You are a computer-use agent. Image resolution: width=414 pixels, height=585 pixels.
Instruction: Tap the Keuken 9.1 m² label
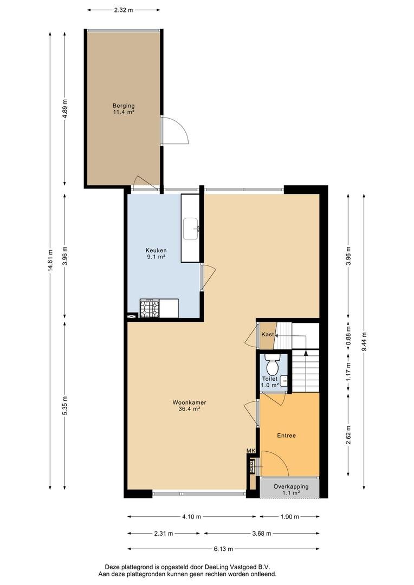click(156, 253)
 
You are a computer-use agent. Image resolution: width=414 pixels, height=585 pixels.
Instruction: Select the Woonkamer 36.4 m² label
click(189, 406)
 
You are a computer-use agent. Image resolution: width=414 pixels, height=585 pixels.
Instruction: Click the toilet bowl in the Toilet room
click(273, 365)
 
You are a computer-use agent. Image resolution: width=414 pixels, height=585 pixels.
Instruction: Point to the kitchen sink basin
click(191, 229)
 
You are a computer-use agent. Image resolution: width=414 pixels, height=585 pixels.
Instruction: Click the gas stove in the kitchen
click(150, 308)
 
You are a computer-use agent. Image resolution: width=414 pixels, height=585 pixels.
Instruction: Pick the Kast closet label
click(268, 334)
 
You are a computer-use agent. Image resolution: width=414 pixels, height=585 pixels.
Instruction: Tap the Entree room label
click(286, 435)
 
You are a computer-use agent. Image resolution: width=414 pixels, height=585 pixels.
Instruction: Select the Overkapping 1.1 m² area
click(290, 489)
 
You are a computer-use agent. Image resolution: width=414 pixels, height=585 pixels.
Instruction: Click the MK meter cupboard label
click(251, 451)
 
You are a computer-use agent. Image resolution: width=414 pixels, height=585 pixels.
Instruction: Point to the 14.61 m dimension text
click(50, 261)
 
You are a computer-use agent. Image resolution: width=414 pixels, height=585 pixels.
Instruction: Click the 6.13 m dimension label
click(223, 549)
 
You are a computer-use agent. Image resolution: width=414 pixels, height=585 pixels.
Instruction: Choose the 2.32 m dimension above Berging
click(124, 10)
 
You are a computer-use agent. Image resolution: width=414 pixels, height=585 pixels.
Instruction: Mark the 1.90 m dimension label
click(289, 517)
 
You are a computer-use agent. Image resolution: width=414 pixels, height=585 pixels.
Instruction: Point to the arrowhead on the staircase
click(306, 352)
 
